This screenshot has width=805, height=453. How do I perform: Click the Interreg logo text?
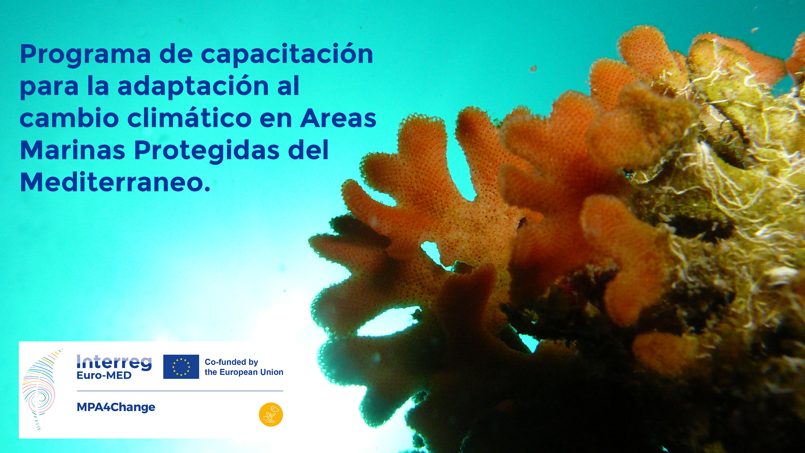114,362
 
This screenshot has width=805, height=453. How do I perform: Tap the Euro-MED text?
104,375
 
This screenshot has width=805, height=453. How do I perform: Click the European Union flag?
181,367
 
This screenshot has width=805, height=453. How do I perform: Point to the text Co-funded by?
231,362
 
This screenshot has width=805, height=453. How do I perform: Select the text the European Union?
244,372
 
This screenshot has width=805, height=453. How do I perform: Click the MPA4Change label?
116,407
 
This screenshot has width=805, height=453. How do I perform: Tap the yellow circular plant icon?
271,415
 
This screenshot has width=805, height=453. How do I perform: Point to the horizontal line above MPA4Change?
180,391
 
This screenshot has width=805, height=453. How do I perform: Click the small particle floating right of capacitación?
533,68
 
